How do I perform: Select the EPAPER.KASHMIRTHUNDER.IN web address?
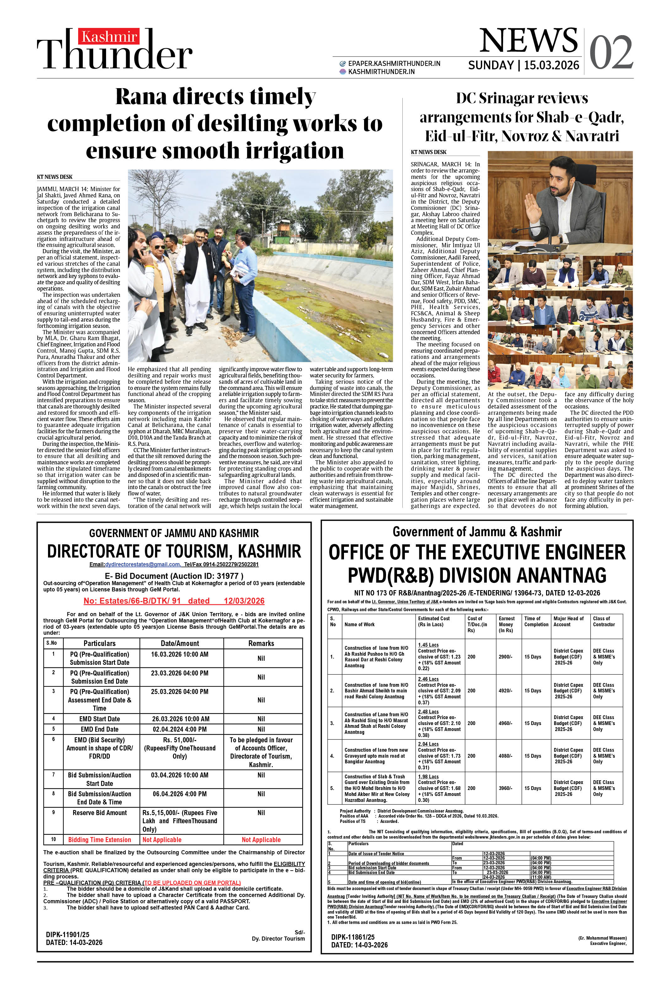[394, 63]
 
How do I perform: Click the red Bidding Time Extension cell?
[99, 840]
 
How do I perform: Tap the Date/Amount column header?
[180, 643]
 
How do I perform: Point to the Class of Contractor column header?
[604, 621]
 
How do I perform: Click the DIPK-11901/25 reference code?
[68, 934]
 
